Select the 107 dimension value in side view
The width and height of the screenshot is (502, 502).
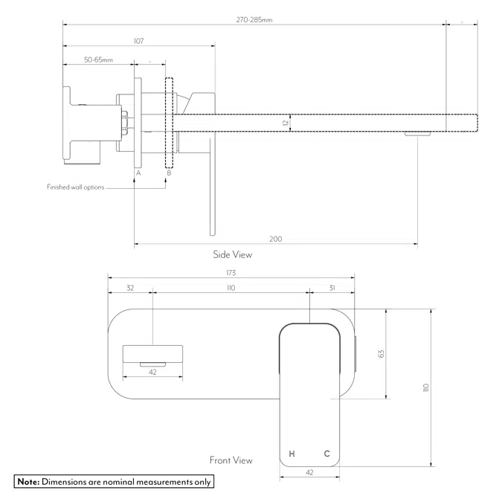(x=138, y=41)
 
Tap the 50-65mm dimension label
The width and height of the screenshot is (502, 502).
(x=98, y=59)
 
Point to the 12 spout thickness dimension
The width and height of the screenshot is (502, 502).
(x=285, y=121)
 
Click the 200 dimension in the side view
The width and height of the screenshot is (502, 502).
(x=275, y=239)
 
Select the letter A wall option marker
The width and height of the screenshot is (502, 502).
(x=137, y=173)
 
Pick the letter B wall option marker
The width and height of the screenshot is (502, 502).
(x=169, y=173)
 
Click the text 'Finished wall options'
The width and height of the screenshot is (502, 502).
(x=75, y=187)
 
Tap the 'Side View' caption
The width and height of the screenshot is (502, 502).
(x=233, y=254)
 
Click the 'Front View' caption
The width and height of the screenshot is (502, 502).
(x=231, y=460)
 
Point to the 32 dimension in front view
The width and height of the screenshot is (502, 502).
(x=130, y=287)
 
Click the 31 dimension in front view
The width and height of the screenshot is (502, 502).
(x=332, y=287)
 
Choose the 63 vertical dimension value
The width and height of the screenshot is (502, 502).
(x=381, y=354)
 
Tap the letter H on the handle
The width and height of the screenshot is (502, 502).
(x=292, y=454)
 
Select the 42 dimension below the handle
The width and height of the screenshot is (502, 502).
(x=309, y=472)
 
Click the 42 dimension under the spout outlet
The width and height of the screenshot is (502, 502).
(x=152, y=372)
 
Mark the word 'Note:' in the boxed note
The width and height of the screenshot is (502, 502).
(x=28, y=482)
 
